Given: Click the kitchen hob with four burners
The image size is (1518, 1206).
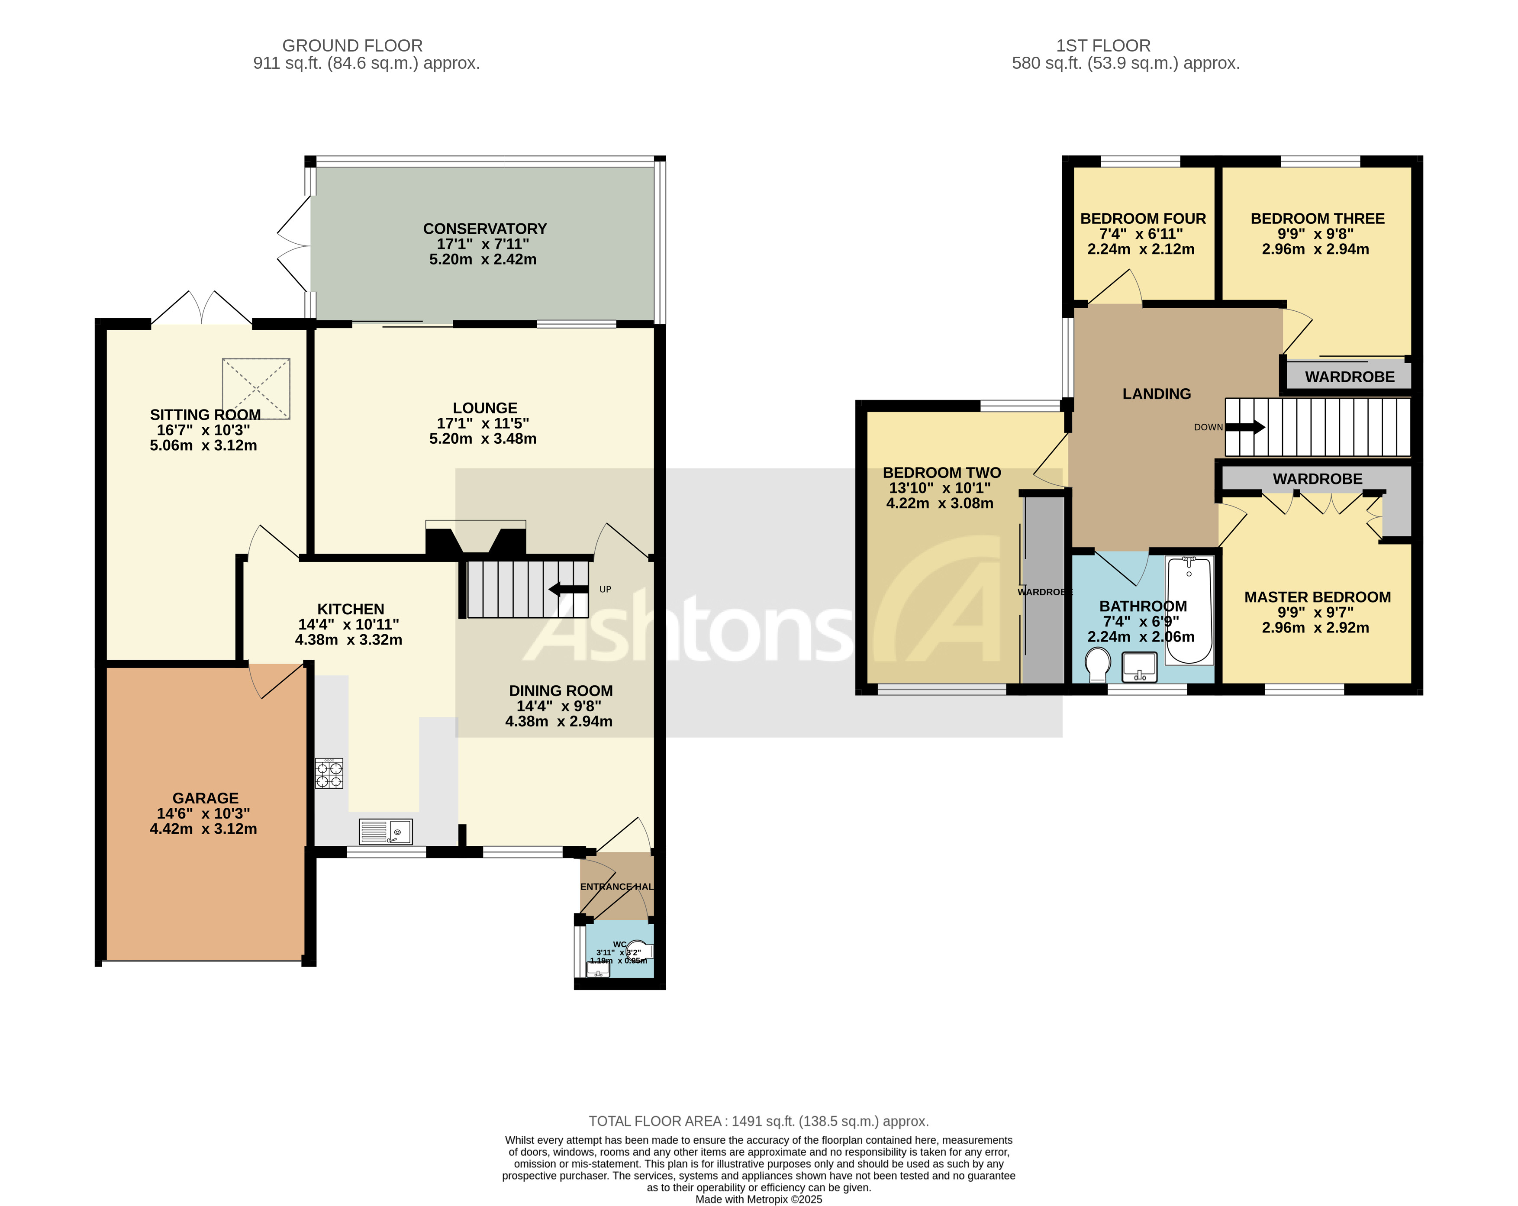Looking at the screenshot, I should [x=329, y=773].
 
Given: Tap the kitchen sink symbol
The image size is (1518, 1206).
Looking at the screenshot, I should [x=385, y=832].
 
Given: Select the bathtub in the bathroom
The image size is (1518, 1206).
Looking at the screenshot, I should [x=1189, y=609].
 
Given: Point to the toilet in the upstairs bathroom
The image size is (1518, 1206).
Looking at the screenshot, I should [x=1098, y=664].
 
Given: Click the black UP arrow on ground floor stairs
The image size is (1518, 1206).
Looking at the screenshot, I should [x=569, y=589].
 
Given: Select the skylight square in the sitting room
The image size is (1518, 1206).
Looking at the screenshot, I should [x=256, y=389].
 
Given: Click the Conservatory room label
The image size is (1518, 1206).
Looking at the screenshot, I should [x=484, y=229].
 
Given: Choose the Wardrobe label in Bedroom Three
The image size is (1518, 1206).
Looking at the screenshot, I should [x=1349, y=377].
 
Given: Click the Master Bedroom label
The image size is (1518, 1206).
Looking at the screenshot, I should [x=1317, y=597].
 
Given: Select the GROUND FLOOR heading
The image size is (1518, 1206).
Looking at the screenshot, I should [x=352, y=46].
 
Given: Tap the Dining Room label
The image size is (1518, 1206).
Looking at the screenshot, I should [x=561, y=690].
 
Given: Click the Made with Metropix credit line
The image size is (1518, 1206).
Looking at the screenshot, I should [x=758, y=1199].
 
